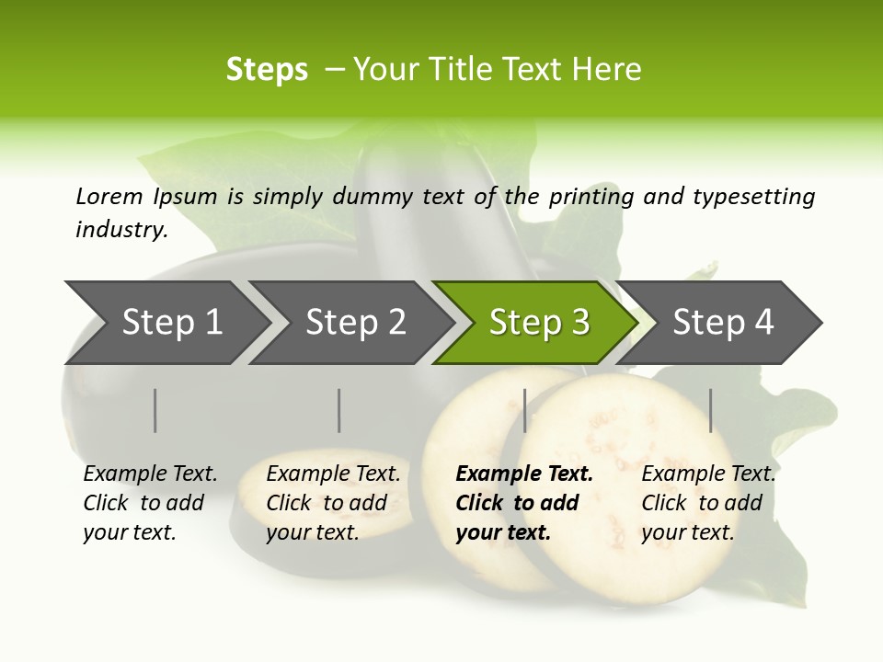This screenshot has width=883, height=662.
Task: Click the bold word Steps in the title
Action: click(267, 70)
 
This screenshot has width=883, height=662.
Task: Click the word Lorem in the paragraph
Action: click(109, 196)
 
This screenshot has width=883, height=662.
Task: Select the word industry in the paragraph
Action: click(120, 229)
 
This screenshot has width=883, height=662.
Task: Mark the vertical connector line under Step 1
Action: click(155, 410)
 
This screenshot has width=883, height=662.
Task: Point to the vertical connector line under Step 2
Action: click(339, 410)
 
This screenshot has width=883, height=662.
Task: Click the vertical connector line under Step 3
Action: click(525, 410)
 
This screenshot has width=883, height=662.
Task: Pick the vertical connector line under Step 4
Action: click(711, 410)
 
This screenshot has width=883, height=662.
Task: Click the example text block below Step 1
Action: click(150, 503)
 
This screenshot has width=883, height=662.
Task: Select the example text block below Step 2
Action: click(333, 503)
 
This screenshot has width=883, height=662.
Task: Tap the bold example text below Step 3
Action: click(524, 503)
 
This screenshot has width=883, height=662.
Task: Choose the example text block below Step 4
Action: click(708, 503)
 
